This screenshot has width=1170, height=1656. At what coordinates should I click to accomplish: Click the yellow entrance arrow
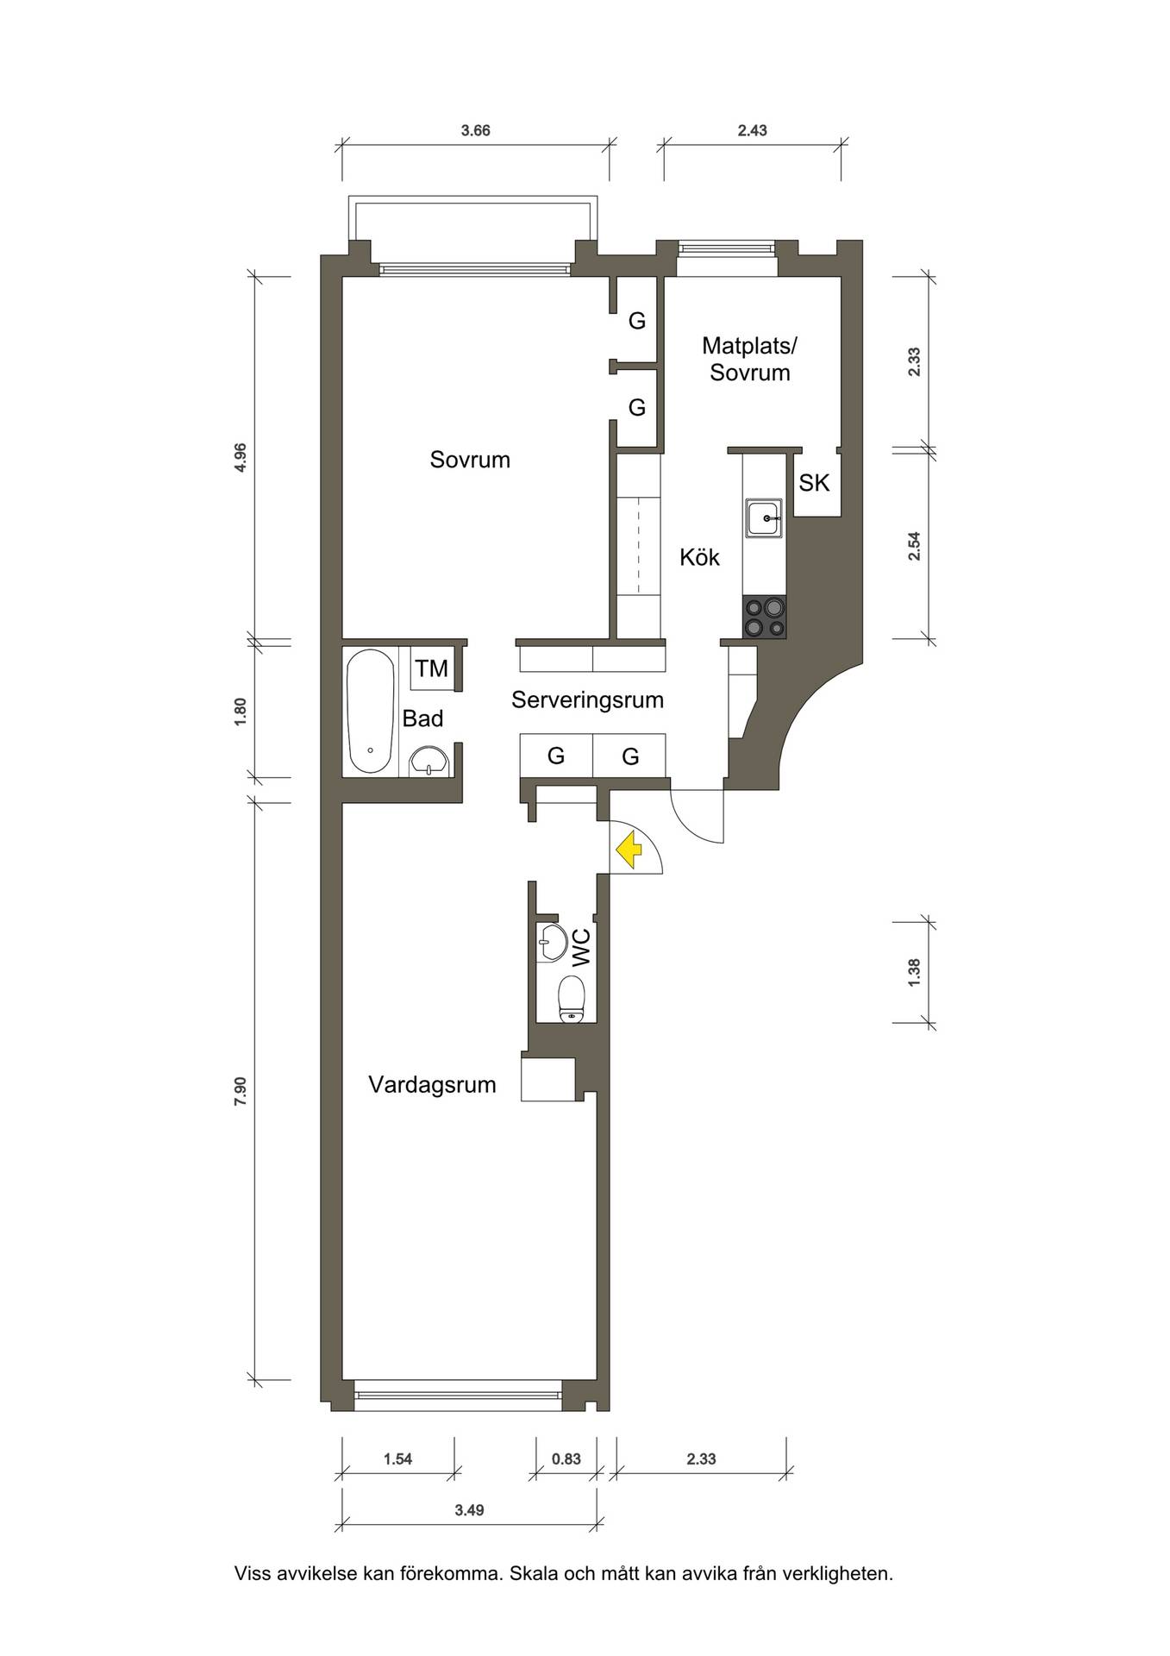coord(630,849)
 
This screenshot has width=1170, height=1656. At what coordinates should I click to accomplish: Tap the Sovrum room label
coord(470,460)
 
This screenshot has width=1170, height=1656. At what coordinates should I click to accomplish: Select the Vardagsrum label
coord(432,1085)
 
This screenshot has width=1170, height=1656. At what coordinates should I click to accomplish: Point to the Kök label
coord(699,557)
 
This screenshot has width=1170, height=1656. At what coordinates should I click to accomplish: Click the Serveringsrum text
coord(587,699)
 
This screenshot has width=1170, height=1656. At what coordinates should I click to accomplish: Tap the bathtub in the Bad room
coord(371,712)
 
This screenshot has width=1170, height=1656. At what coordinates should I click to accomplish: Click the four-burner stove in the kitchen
coord(765,618)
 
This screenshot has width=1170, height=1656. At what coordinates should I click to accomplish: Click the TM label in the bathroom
coord(432,668)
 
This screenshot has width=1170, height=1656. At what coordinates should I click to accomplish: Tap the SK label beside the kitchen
coord(814,483)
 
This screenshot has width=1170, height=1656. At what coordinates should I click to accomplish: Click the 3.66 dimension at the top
coord(476,131)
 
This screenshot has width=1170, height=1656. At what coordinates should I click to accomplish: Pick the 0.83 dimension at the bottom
coord(566,1459)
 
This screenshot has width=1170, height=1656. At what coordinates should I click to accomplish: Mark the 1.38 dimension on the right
coord(915,972)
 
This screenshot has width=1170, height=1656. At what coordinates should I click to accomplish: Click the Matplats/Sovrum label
coord(749,360)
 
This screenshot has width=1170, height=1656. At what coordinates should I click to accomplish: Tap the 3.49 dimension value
coord(470,1510)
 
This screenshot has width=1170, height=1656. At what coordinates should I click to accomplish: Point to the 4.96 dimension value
coord(241,457)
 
